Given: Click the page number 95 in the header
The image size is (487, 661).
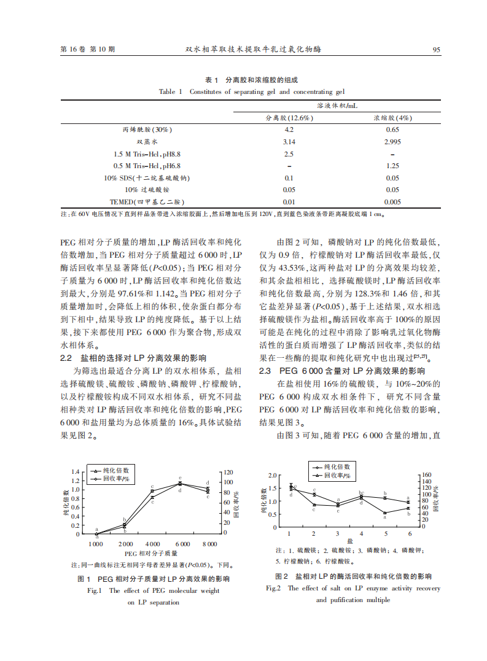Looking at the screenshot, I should tap(437, 50).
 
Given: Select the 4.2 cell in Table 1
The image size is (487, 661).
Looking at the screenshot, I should tap(289, 129).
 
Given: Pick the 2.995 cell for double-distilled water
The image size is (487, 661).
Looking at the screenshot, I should tap(392, 141).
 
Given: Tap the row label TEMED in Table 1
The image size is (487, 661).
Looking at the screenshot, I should tap(147, 201).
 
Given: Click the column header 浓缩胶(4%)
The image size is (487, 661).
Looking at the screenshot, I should tap(392, 118).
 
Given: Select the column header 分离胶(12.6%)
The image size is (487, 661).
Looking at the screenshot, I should tap(289, 118).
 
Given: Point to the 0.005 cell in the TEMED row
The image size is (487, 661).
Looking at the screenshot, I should tap(392, 201).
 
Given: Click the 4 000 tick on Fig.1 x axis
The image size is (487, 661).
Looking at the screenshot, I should tap(152, 544).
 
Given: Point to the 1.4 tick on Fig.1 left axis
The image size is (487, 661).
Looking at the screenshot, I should tap(76, 472).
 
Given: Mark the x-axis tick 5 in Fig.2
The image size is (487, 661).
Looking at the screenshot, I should tap(385, 534).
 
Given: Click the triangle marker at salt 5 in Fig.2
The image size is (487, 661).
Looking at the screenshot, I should tap(385, 512).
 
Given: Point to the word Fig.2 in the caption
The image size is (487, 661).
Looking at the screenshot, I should tap(273, 588).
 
